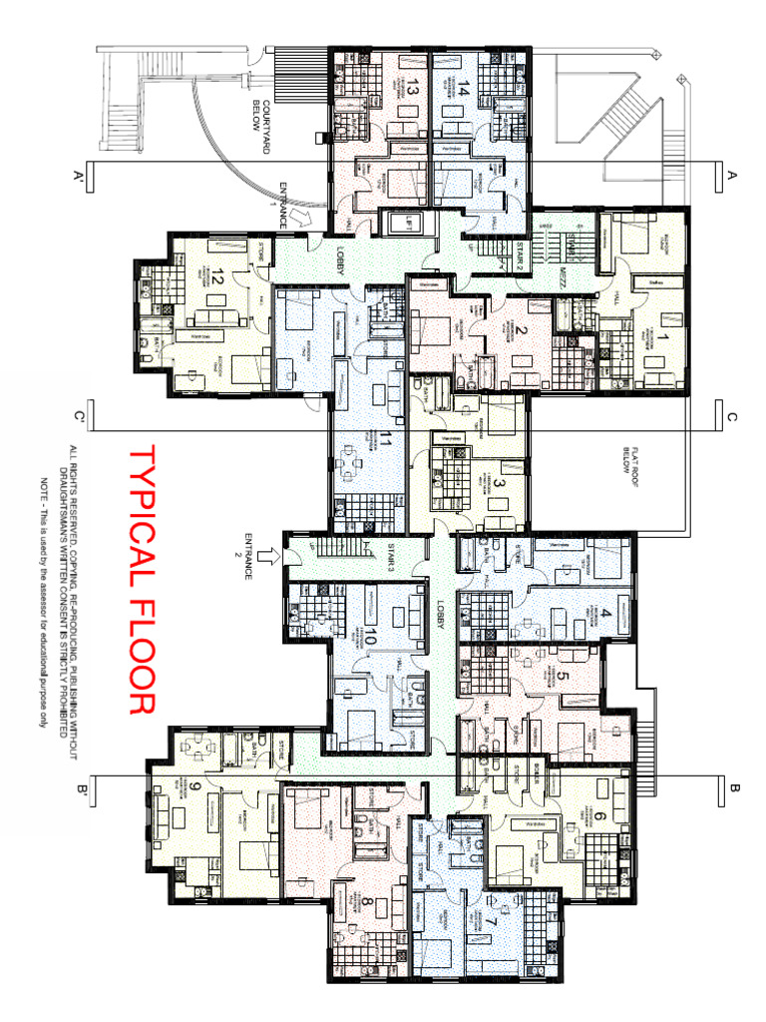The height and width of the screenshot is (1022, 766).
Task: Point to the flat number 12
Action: coord(214,278)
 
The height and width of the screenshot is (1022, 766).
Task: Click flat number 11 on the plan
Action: coord(384,438)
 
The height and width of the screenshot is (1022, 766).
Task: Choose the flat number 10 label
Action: coord(372,637)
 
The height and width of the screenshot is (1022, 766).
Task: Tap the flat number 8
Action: coord(367,905)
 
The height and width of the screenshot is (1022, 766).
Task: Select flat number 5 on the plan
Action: coord(563,676)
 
